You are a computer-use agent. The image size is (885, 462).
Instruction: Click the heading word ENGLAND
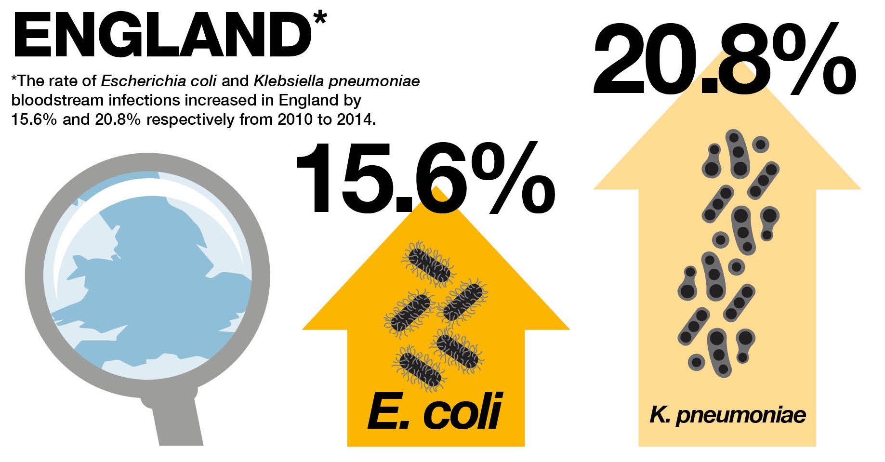(161, 35)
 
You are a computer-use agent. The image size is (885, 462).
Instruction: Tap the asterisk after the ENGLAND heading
(319, 18)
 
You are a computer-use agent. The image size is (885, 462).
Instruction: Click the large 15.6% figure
(426, 178)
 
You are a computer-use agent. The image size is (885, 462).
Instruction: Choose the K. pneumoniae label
(728, 415)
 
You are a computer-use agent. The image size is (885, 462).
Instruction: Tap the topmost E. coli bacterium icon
(428, 264)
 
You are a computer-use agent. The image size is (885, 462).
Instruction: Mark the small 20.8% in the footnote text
(118, 119)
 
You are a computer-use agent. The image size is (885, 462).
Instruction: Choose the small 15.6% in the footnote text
(34, 119)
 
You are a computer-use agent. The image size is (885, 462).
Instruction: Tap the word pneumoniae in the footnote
(374, 81)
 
